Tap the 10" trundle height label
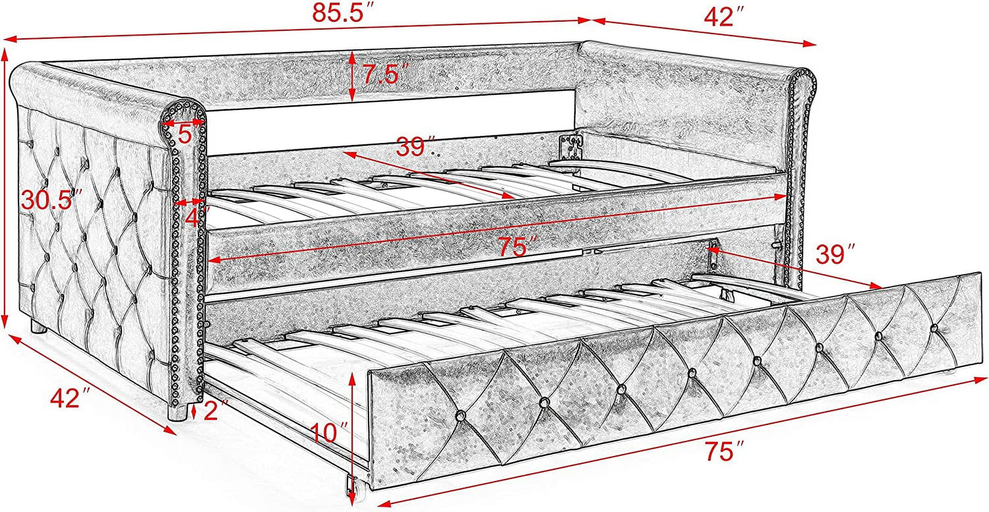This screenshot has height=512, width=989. click(329, 433)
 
